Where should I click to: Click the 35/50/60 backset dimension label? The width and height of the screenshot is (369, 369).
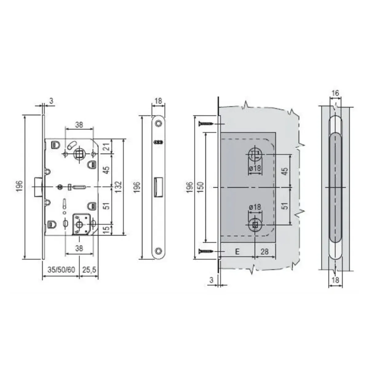tap(61, 270)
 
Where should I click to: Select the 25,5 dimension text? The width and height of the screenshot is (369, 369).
tap(89, 270)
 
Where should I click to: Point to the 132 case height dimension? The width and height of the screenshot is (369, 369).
tap(119, 187)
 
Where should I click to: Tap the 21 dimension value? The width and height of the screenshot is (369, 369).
tap(108, 147)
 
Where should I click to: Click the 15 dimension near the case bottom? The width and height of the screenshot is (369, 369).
tap(108, 229)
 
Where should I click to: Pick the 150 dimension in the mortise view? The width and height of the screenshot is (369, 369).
tap(200, 187)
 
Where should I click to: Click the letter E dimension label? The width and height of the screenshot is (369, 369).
tap(237, 252)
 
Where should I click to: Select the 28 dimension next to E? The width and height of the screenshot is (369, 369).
tap(265, 252)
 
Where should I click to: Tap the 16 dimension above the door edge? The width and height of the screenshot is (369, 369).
tap(335, 93)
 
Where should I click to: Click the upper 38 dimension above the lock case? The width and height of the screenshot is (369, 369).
tap(79, 125)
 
